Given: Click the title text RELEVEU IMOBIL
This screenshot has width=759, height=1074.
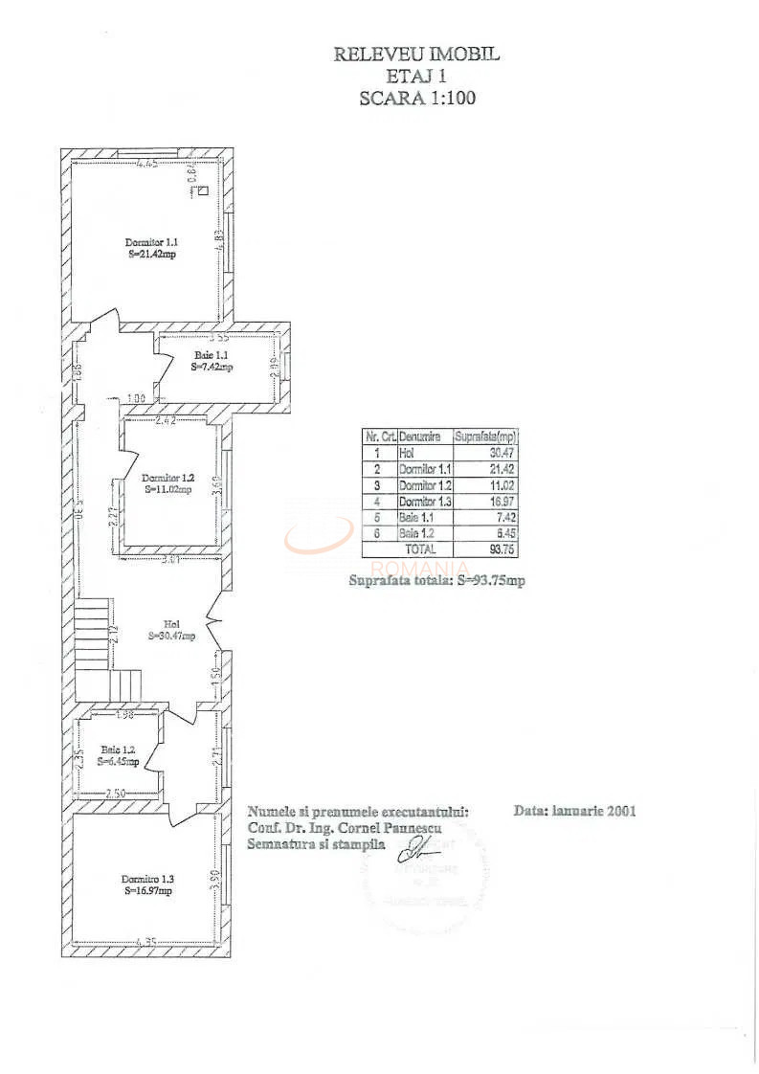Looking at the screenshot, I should click(x=416, y=55).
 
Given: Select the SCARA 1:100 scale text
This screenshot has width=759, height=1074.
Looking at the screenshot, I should click(x=416, y=97).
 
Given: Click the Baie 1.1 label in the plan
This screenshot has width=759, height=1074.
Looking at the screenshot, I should click(x=212, y=360).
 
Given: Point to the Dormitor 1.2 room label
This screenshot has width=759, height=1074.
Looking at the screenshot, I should click(x=168, y=482).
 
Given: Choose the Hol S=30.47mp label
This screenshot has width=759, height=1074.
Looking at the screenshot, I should click(x=172, y=629).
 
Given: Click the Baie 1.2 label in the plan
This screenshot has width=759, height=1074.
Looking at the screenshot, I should click(x=119, y=756).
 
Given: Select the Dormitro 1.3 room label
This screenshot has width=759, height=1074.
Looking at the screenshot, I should click(x=147, y=884).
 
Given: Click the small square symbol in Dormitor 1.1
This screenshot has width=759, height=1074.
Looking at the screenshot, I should click(x=203, y=190).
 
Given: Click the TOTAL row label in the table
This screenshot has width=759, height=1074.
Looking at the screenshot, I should click(x=420, y=549).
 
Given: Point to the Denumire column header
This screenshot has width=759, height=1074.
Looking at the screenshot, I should click(x=420, y=436).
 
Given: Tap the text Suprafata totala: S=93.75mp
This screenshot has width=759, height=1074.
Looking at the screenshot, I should click(x=435, y=580).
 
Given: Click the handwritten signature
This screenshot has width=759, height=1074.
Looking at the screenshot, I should click(x=417, y=847).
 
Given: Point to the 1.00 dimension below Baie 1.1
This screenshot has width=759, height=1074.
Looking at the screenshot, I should click(x=136, y=399).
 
